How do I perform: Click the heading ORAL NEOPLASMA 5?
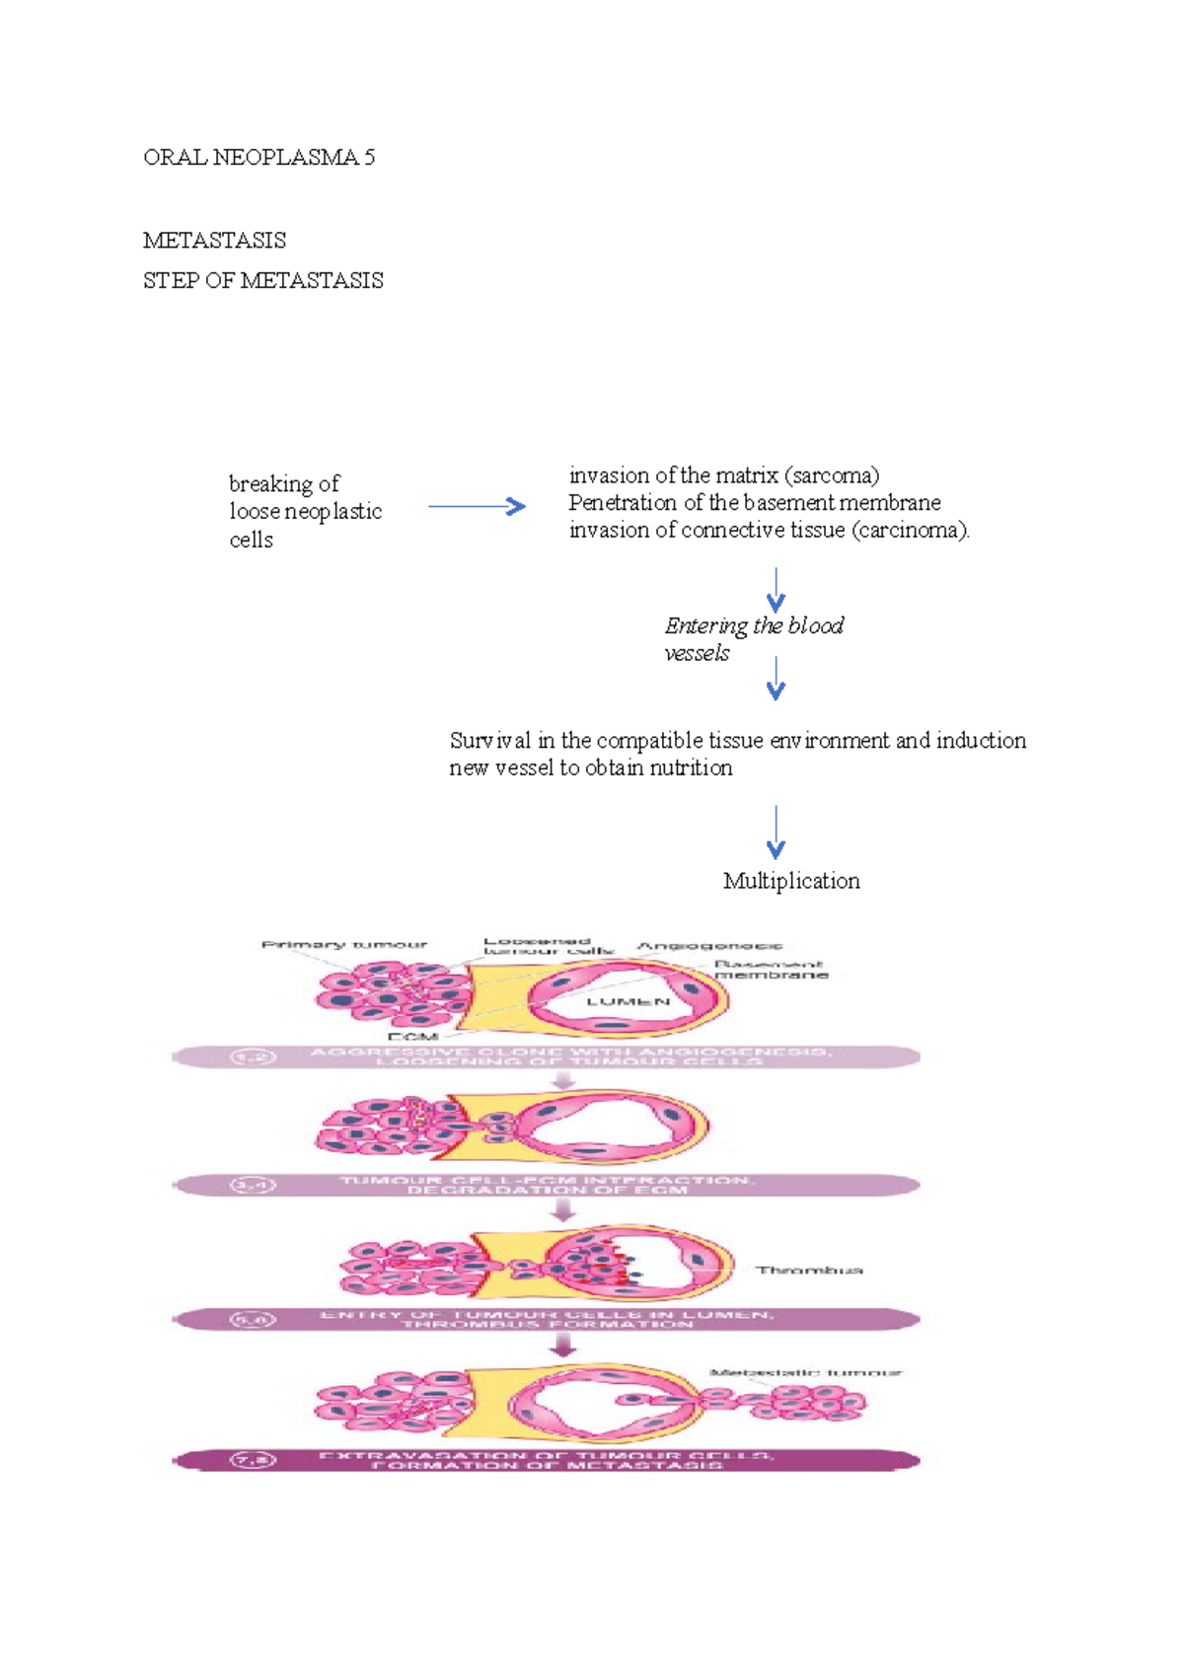[259, 158]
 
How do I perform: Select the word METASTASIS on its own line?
[214, 241]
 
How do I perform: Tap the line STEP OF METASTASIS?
[262, 281]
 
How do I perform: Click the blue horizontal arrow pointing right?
[477, 507]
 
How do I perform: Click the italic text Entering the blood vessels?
[753, 638]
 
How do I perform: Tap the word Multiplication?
[791, 881]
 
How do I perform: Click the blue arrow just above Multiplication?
[777, 832]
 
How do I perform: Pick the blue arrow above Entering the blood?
[777, 589]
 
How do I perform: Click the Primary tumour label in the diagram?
[344, 945]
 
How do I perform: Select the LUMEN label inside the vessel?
[629, 1001]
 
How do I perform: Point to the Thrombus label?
[809, 1271]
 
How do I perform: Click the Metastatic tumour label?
[805, 1372]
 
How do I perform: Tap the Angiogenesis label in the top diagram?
[709, 946]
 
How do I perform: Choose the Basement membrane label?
[771, 969]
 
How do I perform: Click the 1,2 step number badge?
[253, 1057]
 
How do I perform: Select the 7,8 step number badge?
[253, 1460]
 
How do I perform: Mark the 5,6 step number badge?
[253, 1320]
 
